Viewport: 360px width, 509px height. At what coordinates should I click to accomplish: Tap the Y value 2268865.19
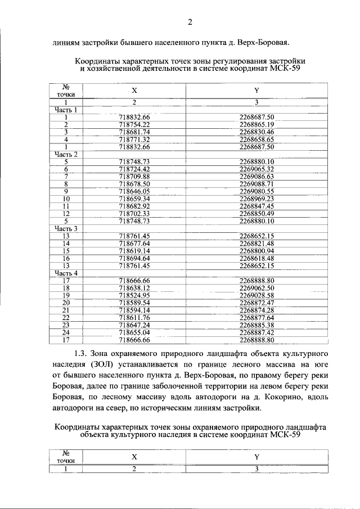(256, 124)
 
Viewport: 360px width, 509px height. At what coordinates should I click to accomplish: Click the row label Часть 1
(66, 110)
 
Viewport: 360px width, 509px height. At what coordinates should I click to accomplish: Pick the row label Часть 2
(66, 154)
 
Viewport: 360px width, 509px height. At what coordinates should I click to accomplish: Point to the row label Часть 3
(66, 228)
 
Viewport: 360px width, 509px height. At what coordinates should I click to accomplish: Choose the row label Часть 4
(66, 273)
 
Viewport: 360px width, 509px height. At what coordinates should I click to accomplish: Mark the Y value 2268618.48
(256, 258)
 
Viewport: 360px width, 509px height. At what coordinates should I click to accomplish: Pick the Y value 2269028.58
(256, 295)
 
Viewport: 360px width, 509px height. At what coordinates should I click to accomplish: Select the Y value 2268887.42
(256, 332)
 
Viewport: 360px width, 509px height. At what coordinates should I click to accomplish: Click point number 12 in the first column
(66, 214)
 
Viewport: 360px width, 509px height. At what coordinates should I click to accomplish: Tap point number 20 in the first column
(66, 303)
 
